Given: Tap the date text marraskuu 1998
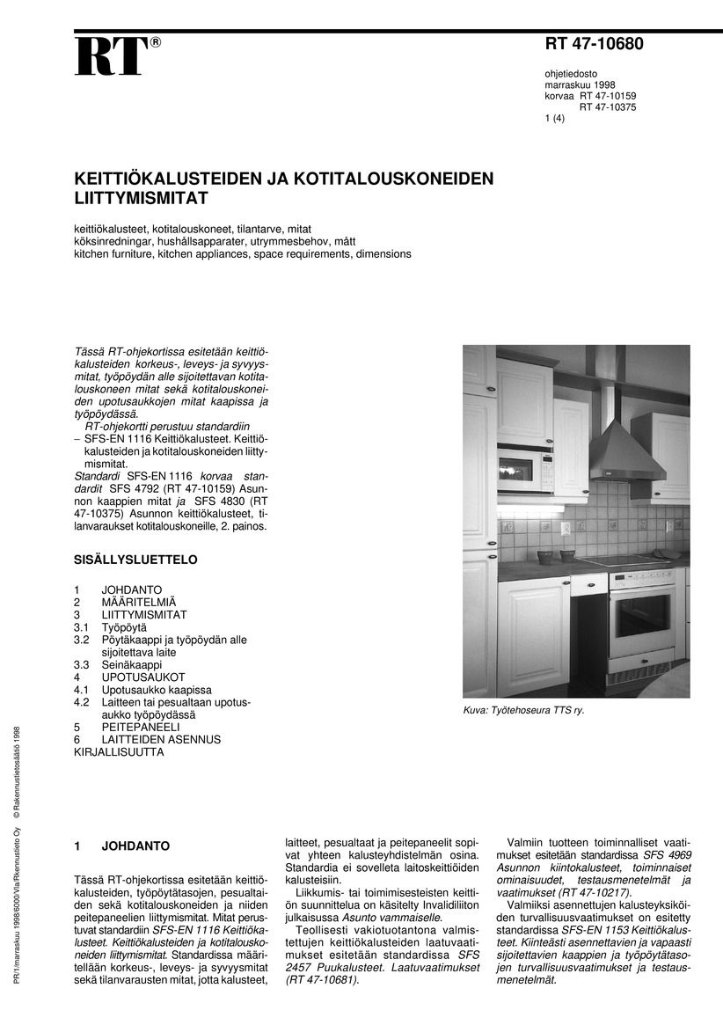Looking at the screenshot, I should [x=580, y=84].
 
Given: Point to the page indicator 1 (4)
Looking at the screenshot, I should [x=555, y=120].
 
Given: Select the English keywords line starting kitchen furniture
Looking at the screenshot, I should [x=242, y=253].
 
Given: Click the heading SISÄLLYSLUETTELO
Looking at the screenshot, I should [x=135, y=559].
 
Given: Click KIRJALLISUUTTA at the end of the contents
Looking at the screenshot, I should [x=119, y=752].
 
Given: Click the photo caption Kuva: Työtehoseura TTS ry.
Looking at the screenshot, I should [x=523, y=710].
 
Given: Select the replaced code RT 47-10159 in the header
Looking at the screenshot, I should [x=607, y=96].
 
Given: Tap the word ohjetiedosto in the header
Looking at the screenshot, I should [x=572, y=73].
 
